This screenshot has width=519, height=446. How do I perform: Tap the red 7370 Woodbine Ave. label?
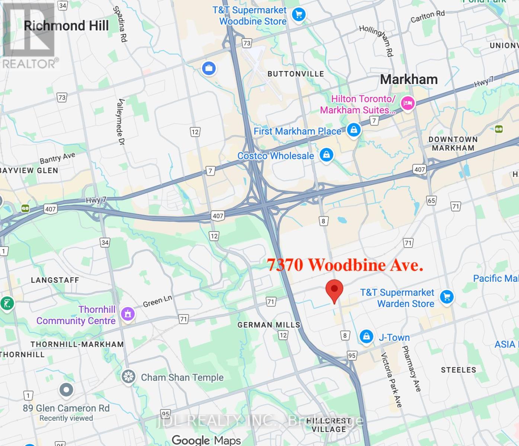click(345, 265)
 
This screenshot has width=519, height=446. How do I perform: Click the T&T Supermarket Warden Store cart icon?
click(447, 297)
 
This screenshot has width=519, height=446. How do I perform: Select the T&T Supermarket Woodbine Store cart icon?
click(298, 15)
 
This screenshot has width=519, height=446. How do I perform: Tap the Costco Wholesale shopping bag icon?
click(326, 155)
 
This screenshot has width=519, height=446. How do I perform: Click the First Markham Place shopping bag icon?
click(353, 130)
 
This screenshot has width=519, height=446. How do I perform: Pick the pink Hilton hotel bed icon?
click(408, 104)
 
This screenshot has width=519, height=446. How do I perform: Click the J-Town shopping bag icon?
click(366, 337)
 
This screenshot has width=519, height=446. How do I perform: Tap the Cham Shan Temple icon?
click(129, 376)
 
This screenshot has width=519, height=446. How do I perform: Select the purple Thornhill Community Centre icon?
click(128, 314)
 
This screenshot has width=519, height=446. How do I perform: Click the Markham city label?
click(409, 80)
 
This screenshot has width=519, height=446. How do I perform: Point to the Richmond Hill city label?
click(66, 26)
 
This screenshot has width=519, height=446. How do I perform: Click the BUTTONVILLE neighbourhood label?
click(296, 74)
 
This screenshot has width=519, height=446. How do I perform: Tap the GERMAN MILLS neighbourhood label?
click(269, 325)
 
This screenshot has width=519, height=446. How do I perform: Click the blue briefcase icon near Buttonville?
click(209, 68)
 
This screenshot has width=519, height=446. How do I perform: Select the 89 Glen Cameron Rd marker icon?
click(66, 390)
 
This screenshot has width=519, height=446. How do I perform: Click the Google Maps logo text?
click(206, 440)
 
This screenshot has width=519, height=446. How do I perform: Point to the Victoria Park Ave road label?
click(391, 379)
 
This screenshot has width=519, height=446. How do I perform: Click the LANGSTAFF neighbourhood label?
click(55, 280)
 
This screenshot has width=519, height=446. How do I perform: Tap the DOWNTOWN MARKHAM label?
click(453, 143)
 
